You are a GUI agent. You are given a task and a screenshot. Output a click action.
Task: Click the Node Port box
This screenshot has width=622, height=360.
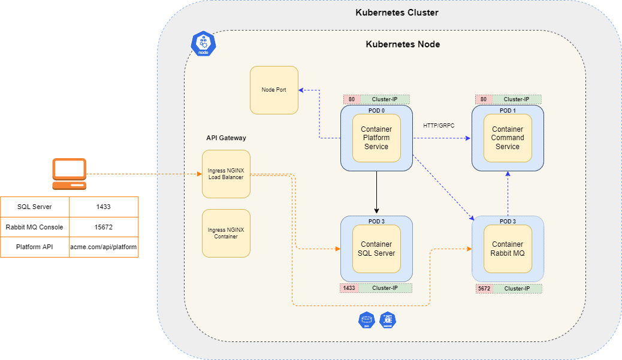coord(274,90)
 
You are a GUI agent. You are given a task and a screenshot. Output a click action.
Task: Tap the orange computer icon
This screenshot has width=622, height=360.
coord(69,174)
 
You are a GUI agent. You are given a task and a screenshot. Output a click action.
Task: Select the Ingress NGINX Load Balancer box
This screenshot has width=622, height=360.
coord(226,174)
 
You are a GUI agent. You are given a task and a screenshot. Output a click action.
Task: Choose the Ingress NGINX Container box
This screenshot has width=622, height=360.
coord(226,233)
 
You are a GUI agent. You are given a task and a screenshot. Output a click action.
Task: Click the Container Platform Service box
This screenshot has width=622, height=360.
coord(376,138)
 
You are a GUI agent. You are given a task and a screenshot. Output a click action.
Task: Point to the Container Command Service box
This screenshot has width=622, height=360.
coord(508,138)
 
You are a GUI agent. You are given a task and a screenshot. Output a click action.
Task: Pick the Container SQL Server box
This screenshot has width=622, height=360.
coord(376,249)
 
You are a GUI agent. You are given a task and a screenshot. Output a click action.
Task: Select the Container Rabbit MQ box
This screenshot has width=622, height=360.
coord(508,249)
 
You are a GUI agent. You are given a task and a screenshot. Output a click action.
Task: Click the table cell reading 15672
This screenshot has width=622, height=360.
coord(104,227)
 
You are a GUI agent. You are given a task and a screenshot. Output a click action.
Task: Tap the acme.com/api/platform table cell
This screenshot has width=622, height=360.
coord(104,247)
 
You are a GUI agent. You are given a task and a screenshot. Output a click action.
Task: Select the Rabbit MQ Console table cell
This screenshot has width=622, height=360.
coord(35,227)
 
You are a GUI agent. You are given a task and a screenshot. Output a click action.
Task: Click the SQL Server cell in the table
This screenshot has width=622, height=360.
coord(35,207)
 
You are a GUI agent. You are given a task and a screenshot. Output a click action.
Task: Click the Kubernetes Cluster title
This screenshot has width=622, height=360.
coord(397,13)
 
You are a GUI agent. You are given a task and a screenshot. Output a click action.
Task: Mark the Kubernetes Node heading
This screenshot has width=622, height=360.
coord(403,44)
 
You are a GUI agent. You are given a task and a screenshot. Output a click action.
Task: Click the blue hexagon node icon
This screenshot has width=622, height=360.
coord(203,44)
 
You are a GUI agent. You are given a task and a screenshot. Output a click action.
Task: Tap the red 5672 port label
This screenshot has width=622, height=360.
coord(484,289)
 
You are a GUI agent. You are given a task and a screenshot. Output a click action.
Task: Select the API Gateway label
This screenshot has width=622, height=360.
coord(226,138)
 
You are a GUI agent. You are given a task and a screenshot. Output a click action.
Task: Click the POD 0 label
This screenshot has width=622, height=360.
coord(376,110)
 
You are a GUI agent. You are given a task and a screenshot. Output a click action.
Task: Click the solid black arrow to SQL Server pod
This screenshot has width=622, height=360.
coord(376,192)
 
